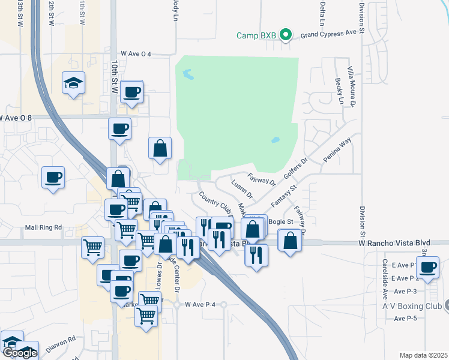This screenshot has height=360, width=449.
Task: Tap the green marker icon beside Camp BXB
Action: (x=286, y=35)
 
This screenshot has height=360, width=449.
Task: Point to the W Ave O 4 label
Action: (x=136, y=54)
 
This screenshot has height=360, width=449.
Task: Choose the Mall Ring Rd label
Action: (x=43, y=227)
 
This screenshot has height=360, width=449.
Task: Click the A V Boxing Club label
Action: (x=412, y=306)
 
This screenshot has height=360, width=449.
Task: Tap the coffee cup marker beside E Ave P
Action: (x=427, y=267)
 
